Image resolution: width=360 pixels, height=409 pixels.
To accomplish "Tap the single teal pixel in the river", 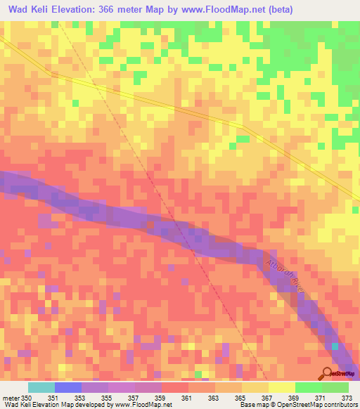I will coord(335,346).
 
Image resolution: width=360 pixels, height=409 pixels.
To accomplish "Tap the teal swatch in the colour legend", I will coord(41,387).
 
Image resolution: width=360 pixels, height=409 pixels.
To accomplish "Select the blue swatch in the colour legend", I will coord(68,387).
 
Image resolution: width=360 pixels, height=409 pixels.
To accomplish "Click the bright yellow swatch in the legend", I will coord(282,387).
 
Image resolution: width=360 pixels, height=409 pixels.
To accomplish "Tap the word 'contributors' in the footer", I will coord(335,405).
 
